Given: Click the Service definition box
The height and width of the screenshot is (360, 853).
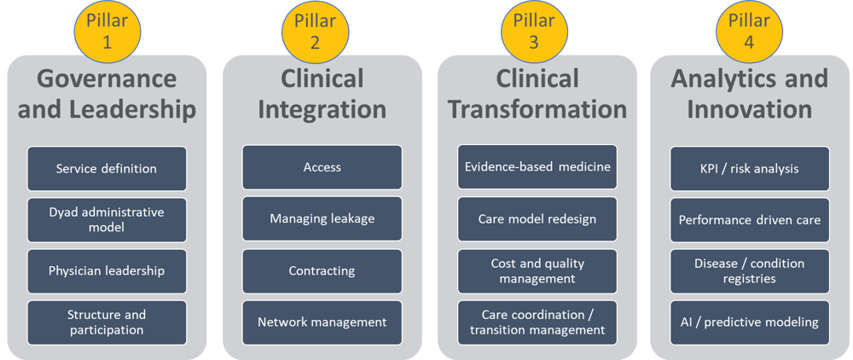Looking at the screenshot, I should pyautogui.click(x=107, y=168).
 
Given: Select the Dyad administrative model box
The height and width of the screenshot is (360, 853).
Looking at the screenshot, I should pyautogui.click(x=107, y=219).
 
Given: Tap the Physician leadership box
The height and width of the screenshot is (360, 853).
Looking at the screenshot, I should pyautogui.click(x=107, y=270).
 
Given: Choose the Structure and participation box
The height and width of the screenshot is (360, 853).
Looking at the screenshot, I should pyautogui.click(x=107, y=322).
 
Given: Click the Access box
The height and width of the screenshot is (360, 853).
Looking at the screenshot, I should pyautogui.click(x=322, y=167).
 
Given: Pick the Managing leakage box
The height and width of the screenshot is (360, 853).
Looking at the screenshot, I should pyautogui.click(x=322, y=218).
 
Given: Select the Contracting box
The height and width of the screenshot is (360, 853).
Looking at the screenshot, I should pyautogui.click(x=322, y=270).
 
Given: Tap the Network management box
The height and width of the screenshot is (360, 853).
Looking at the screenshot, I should pyautogui.click(x=322, y=322).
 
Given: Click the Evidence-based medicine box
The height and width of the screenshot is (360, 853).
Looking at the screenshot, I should pyautogui.click(x=537, y=167).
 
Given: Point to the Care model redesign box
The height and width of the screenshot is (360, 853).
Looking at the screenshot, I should pyautogui.click(x=537, y=218).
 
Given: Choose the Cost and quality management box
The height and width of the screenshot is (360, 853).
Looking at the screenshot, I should pyautogui.click(x=537, y=270).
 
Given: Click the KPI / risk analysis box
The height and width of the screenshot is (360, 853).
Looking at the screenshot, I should pyautogui.click(x=749, y=168).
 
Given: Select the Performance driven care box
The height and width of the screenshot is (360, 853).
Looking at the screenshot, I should pyautogui.click(x=749, y=219).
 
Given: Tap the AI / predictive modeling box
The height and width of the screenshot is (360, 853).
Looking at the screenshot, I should pyautogui.click(x=749, y=322).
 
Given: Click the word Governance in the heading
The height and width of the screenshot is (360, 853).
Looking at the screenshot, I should pyautogui.click(x=107, y=79).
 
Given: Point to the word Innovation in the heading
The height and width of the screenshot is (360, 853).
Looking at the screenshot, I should pyautogui.click(x=749, y=110).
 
